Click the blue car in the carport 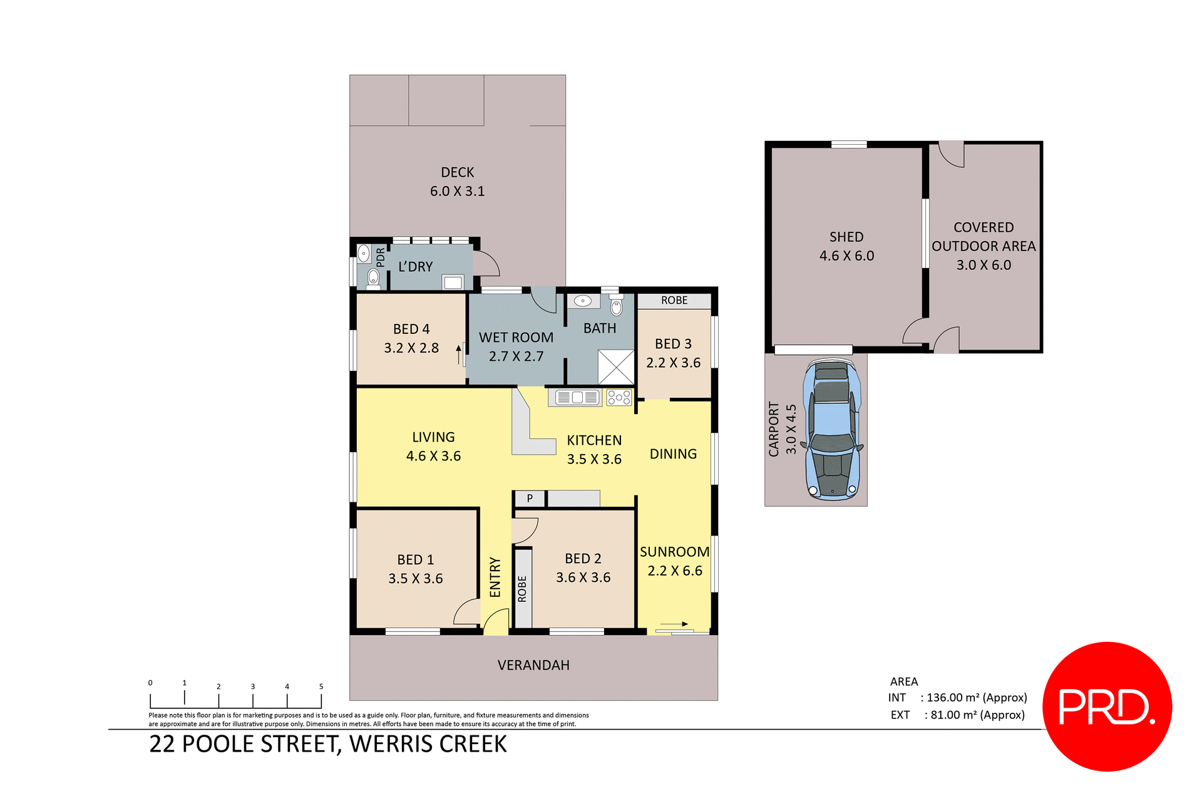click(x=833, y=431)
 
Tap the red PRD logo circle click(x=1107, y=706)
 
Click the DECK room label click(x=457, y=172)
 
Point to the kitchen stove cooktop click(x=619, y=397)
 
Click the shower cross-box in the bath click(x=616, y=367)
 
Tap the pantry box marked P click(x=530, y=499)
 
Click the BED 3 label click(x=673, y=344)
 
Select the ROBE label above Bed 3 click(x=674, y=301)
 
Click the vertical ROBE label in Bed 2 click(x=522, y=589)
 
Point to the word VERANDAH click(x=533, y=665)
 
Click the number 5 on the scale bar click(x=321, y=686)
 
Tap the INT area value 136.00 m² click(x=977, y=698)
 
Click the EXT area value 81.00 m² click(x=977, y=715)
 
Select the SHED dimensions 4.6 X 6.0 click(x=846, y=256)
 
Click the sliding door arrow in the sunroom click(x=675, y=624)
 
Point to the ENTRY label click(x=495, y=577)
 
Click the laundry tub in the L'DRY click(x=453, y=282)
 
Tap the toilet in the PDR click(x=374, y=277)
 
